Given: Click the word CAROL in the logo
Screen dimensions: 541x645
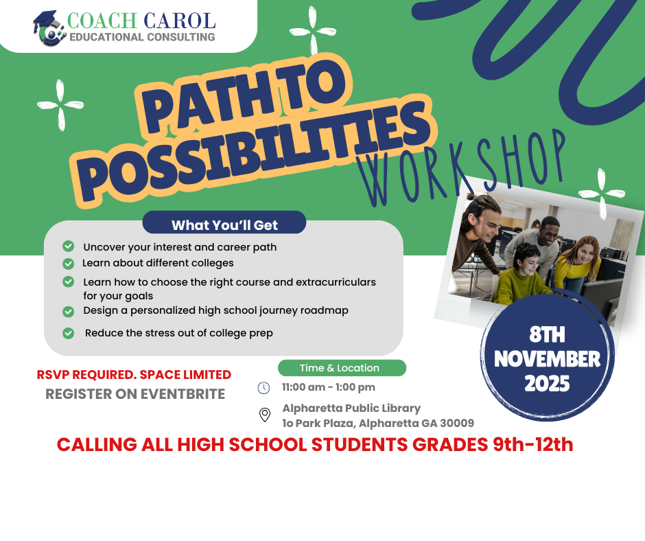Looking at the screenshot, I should pos(180,21).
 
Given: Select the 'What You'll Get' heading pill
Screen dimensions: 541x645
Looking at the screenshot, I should pos(224,225).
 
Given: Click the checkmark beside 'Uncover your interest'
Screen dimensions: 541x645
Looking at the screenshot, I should pos(69,246).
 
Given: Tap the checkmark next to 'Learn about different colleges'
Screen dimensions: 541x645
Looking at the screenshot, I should pos(69,263).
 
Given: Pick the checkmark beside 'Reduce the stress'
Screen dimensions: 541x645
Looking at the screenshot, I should pos(69,333).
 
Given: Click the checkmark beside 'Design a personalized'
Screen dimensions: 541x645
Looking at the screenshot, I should pos(69,311).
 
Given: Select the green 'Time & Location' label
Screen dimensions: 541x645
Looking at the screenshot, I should pos(341,368).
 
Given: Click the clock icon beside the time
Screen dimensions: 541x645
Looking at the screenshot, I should pos(263,388).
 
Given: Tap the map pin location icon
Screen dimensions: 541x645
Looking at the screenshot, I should pos(264,415).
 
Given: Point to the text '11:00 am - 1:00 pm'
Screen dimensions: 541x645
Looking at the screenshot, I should pos(329,387).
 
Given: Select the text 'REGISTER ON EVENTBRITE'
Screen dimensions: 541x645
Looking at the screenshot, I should pos(135,394).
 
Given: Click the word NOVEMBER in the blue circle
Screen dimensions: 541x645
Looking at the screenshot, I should pos(547,358).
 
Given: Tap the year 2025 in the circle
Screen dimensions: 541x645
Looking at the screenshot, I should pos(547,384).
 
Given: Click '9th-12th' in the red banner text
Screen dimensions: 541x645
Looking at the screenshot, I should pos(533,444).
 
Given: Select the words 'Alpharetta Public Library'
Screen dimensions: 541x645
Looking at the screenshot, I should pos(351,408).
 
